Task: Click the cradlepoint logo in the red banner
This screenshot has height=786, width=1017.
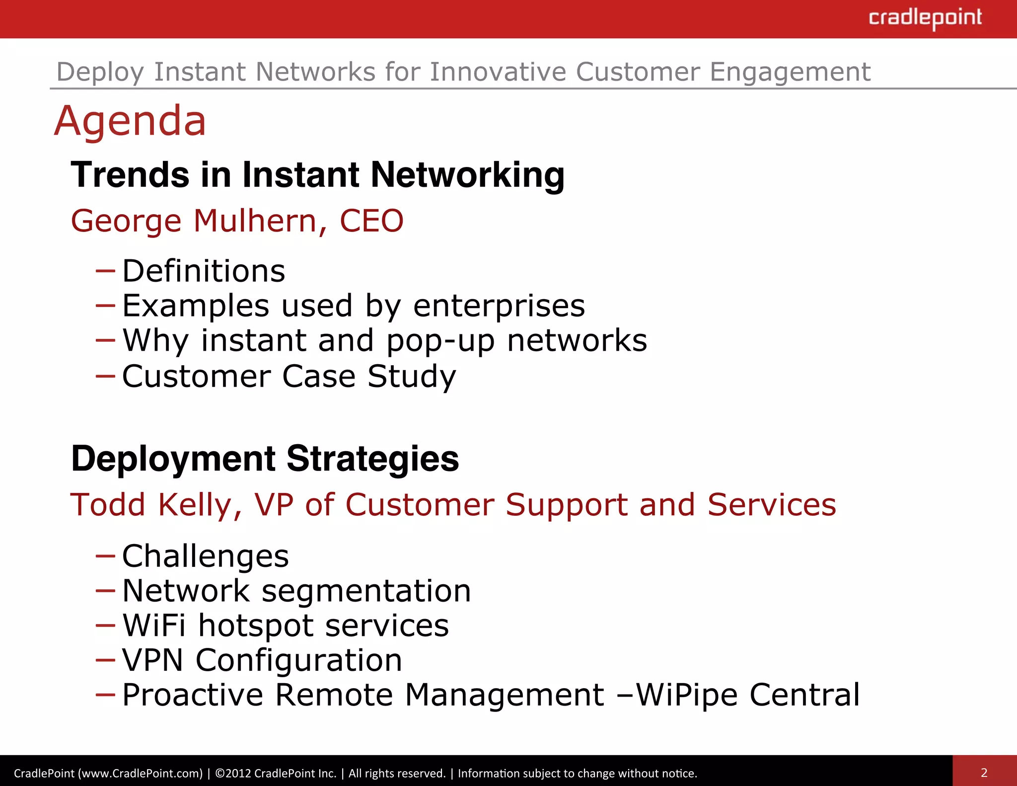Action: pyautogui.click(x=925, y=18)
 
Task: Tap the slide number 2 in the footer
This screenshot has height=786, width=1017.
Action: pyautogui.click(x=984, y=773)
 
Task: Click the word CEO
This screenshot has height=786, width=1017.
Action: pyautogui.click(x=371, y=221)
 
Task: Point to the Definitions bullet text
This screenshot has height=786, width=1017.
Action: pyautogui.click(x=204, y=271)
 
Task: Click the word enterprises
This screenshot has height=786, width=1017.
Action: pyautogui.click(x=499, y=306)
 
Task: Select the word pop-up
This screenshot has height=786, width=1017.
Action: pyautogui.click(x=440, y=341)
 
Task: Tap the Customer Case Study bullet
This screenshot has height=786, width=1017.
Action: pyautogui.click(x=289, y=376)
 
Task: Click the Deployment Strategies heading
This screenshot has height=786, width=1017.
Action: pyautogui.click(x=265, y=458)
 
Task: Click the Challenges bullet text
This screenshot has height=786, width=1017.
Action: pyautogui.click(x=205, y=556)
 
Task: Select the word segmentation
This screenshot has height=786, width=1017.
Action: pyautogui.click(x=366, y=591)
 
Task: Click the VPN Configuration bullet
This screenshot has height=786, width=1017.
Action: pyautogui.click(x=262, y=660)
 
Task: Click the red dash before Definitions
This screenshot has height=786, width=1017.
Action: pyautogui.click(x=105, y=271)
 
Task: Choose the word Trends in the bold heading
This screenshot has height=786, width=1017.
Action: pyautogui.click(x=130, y=175)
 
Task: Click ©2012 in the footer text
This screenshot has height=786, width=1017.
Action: pyautogui.click(x=233, y=773)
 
